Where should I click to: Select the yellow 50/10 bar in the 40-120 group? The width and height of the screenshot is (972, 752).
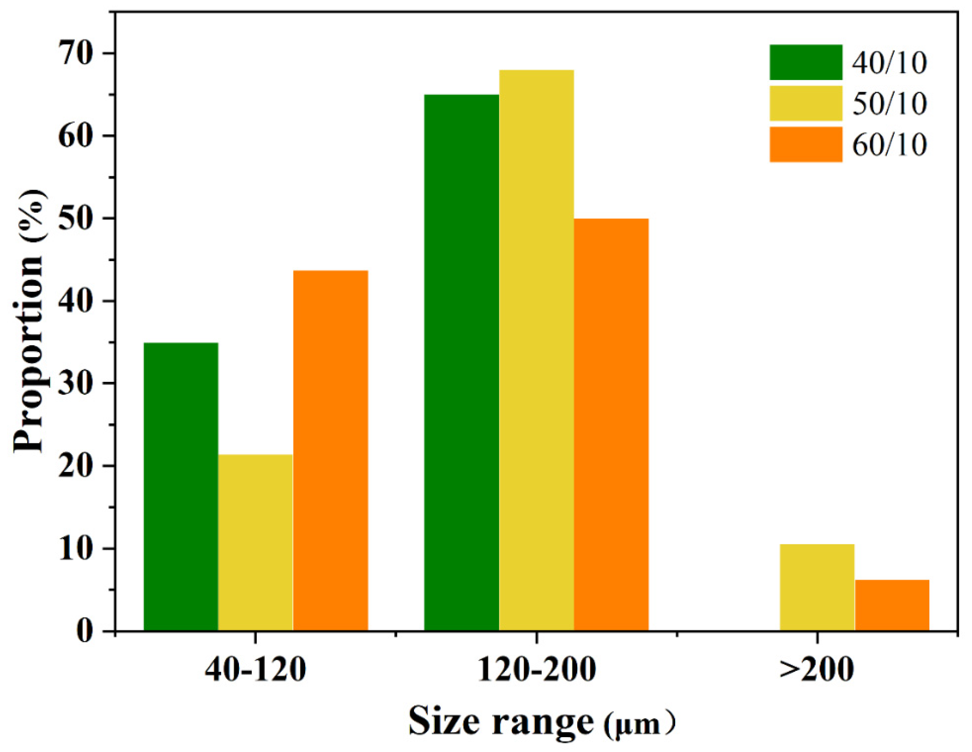(x=256, y=543)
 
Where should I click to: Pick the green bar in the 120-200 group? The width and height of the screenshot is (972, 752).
(x=461, y=363)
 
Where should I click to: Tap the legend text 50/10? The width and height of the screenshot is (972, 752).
(x=890, y=104)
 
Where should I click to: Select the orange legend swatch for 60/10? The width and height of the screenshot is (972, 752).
(x=806, y=144)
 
